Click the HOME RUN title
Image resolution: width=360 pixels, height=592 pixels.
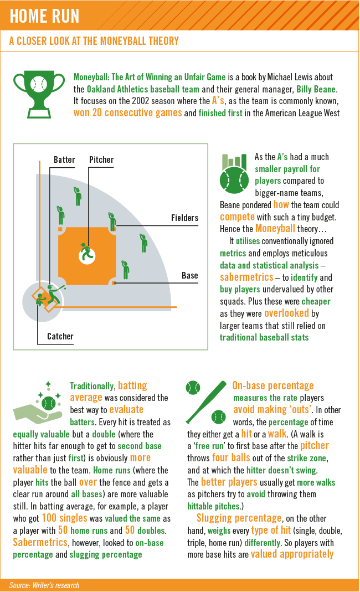44,16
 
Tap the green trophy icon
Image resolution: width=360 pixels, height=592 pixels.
39,94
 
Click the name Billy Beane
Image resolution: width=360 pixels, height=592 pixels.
316,90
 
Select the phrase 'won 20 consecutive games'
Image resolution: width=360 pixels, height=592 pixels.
128,113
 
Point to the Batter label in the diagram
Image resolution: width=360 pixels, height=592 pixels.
64,159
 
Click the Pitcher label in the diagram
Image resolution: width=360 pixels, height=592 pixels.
101,159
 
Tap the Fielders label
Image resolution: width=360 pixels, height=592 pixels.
184,218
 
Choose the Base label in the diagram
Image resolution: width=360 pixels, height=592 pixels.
189,276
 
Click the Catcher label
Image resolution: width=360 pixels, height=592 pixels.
60,336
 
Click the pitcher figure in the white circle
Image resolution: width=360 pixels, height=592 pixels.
87,253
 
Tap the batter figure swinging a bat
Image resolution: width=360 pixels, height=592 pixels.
54,294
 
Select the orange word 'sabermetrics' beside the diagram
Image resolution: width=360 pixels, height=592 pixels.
246,277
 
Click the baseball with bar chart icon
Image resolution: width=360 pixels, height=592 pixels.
234,173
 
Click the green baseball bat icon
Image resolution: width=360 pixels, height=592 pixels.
206,402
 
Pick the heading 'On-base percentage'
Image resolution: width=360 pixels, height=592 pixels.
273,385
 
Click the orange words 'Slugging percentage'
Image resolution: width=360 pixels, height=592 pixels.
239,518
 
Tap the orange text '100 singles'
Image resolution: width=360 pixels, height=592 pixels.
65,518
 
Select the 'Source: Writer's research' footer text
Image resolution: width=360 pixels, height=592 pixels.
44,585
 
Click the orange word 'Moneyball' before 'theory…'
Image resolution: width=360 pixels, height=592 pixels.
275,229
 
